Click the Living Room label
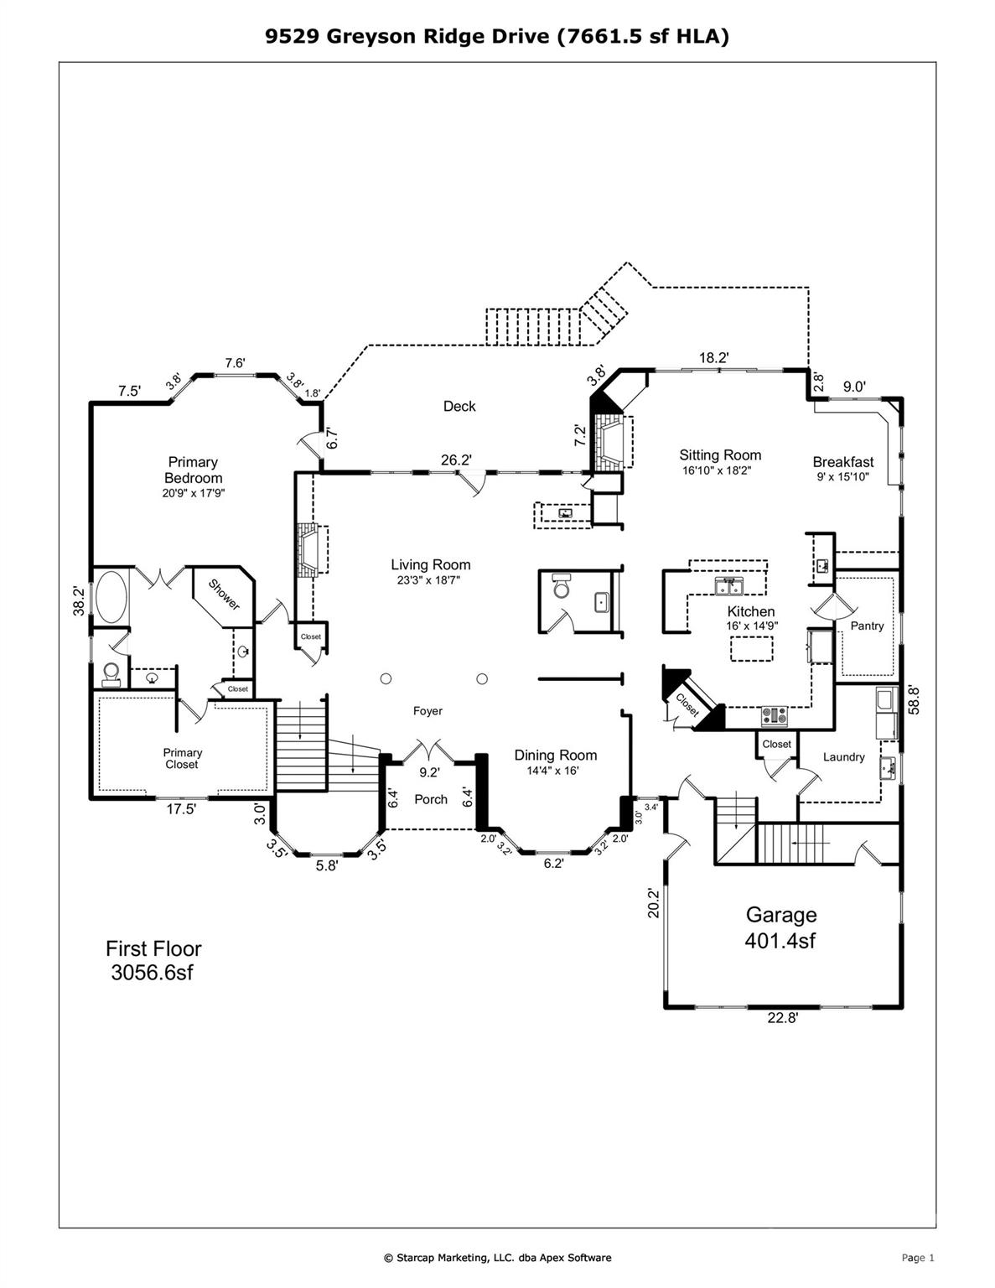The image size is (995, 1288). [430, 565]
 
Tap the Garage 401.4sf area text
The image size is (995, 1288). [780, 927]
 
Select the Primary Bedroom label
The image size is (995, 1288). [193, 470]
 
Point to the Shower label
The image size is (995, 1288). [224, 595]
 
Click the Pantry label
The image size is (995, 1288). [867, 626]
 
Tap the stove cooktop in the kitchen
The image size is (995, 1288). [775, 715]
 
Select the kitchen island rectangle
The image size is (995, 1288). [752, 648]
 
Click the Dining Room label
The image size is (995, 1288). [555, 756]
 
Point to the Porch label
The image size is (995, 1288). [431, 799]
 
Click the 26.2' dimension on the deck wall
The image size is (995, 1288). [456, 460]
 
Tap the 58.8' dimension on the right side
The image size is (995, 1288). [915, 700]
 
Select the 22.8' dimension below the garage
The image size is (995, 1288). [783, 1018]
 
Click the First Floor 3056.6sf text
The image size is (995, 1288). [153, 961]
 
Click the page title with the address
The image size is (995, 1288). [497, 36]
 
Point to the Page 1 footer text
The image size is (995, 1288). [917, 1257]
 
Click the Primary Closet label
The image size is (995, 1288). [182, 758]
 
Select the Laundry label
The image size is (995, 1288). [843, 757]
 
